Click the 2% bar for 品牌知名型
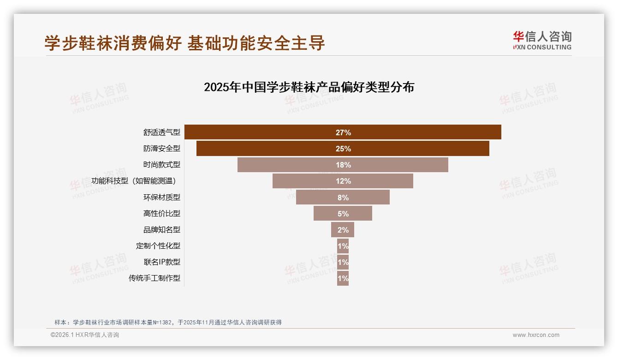click(343, 230)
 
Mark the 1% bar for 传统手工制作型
click(343, 278)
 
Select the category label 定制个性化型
click(158, 246)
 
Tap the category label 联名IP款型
click(162, 262)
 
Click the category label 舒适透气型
click(161, 132)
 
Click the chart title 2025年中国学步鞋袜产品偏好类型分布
click(309, 87)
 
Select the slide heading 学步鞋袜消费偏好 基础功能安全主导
click(184, 43)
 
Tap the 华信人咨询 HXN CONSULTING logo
click(542, 41)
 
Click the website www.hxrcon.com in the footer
click(536, 335)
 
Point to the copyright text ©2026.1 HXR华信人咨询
click(85, 335)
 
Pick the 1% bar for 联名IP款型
click(343, 262)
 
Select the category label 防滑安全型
click(161, 149)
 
